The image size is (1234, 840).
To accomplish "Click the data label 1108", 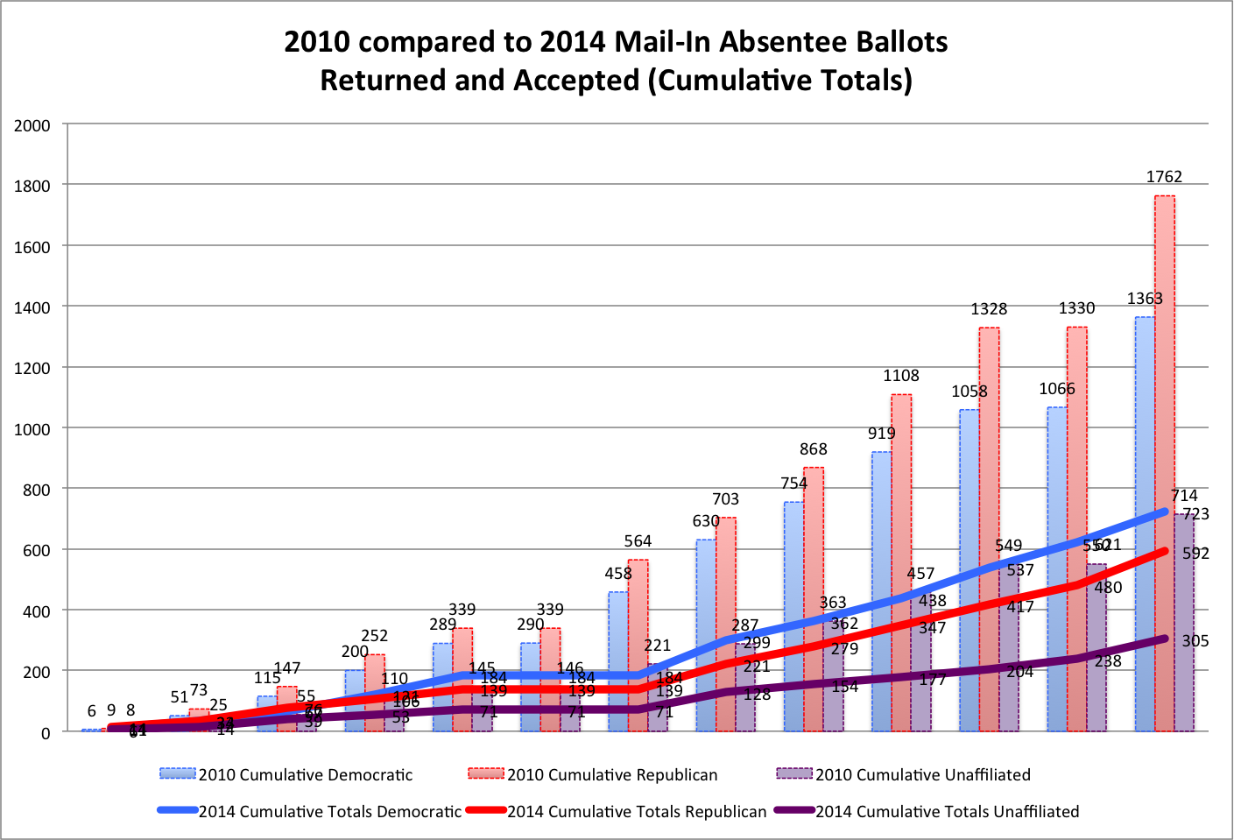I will click(x=901, y=376).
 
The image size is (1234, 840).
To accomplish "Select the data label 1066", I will click(x=1057, y=389).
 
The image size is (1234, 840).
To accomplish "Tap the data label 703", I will click(x=725, y=499).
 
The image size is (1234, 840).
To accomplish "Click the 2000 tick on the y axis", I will click(x=32, y=126).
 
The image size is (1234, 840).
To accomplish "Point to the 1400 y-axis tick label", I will click(x=32, y=308).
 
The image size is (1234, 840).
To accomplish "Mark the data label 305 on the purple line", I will click(x=1195, y=641).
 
